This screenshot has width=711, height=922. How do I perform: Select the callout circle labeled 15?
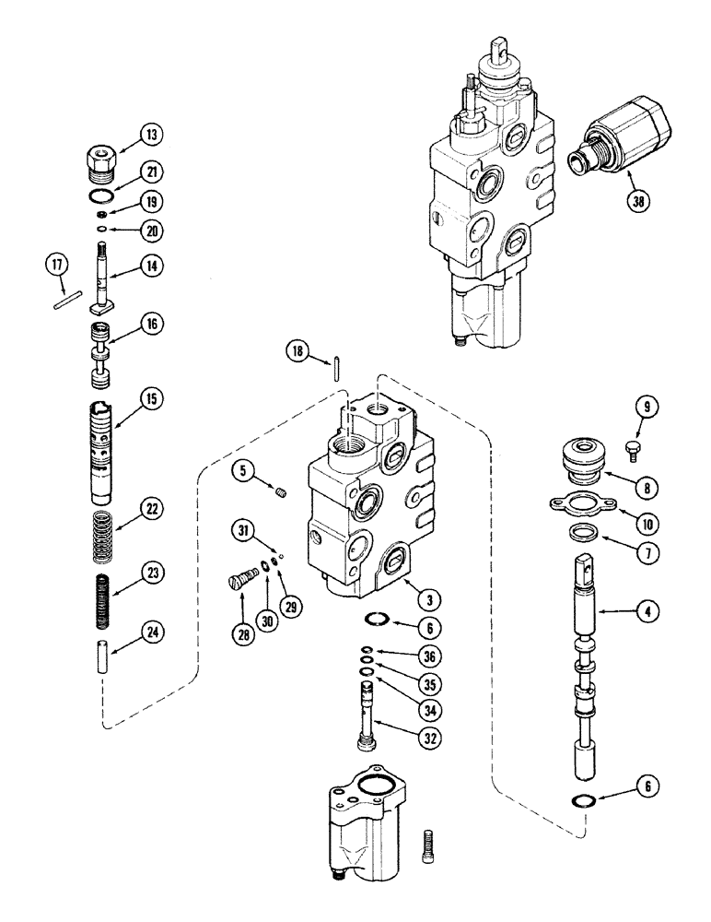[150, 399]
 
